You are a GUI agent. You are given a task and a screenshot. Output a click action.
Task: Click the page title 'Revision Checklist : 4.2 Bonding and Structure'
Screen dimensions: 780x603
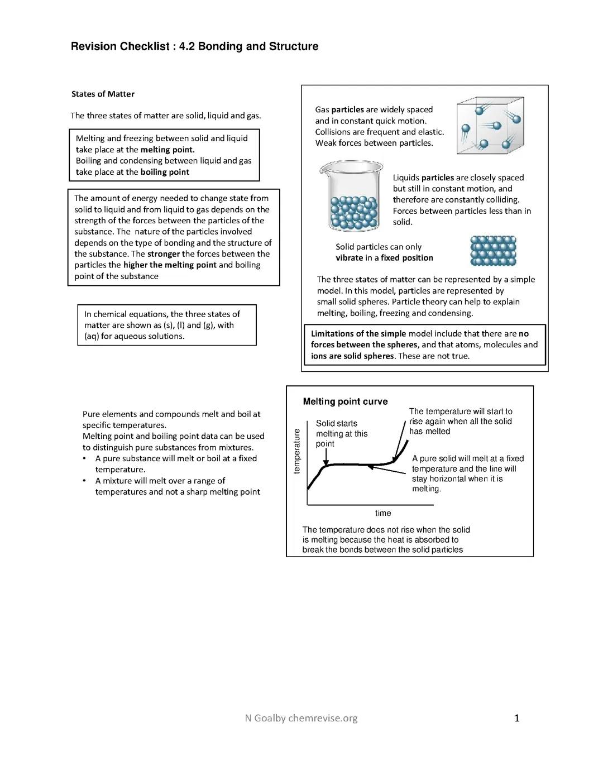coord(194,46)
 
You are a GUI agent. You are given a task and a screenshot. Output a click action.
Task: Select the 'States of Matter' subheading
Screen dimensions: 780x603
coord(103,94)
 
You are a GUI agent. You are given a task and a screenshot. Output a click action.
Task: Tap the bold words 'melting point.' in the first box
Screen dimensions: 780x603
coord(167,150)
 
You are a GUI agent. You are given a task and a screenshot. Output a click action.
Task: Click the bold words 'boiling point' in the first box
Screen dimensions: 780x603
coord(165,172)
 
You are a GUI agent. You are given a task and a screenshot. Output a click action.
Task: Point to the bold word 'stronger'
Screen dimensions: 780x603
coord(163,254)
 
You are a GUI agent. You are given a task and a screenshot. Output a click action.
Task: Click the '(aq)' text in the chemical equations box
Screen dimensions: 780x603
coord(92,336)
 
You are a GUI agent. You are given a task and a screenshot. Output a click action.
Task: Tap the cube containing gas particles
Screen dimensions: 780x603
coord(490,126)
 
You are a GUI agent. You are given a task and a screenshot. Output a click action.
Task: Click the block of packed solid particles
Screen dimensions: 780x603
coord(494,251)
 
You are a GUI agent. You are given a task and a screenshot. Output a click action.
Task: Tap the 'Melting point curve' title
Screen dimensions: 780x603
coord(345,401)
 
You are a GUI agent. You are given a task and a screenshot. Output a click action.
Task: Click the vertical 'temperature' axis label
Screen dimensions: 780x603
coord(297,451)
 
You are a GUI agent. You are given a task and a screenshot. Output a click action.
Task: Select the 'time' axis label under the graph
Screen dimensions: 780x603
coord(383,513)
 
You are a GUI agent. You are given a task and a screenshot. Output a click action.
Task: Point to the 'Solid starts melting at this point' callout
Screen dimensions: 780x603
coord(341,433)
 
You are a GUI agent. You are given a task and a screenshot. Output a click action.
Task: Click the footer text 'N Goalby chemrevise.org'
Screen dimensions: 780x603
coord(301,718)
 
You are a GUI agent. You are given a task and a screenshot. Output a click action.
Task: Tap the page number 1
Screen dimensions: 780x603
coord(517,718)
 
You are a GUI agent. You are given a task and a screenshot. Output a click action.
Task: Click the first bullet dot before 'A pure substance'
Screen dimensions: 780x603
coord(84,458)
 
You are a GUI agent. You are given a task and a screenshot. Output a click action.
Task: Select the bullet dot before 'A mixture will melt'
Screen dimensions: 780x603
coord(84,481)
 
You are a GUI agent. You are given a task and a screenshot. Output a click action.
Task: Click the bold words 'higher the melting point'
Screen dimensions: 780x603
coord(170,265)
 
